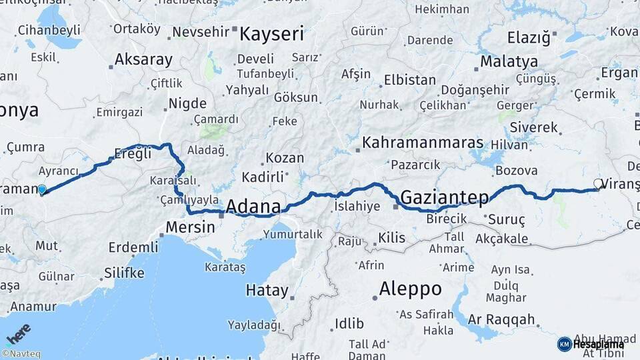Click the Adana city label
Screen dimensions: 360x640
[253, 206]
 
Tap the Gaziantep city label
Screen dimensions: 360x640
[445, 197]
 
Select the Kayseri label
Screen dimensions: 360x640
[271, 33]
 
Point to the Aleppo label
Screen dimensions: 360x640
[410, 289]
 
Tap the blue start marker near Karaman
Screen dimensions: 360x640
[42, 190]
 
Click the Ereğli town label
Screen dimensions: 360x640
[133, 153]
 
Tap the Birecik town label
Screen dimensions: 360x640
[446, 219]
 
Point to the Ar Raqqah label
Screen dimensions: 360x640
[501, 319]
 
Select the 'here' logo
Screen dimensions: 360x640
[17, 333]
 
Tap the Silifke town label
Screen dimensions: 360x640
[124, 273]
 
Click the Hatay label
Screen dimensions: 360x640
[267, 291]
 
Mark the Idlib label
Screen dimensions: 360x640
[349, 324]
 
